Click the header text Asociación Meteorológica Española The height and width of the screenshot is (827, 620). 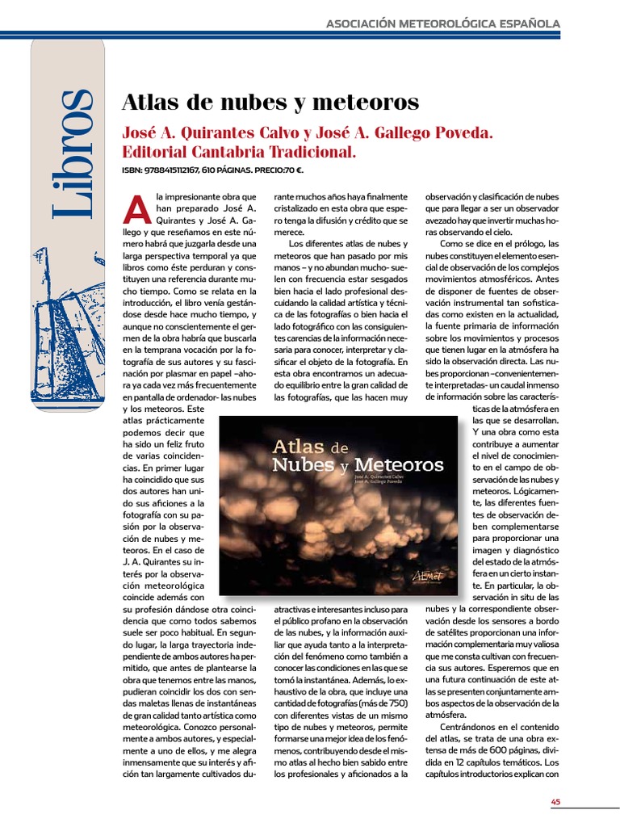coord(442,24)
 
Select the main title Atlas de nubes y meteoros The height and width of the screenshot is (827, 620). coord(270,103)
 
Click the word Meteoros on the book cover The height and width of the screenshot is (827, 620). coord(399,465)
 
